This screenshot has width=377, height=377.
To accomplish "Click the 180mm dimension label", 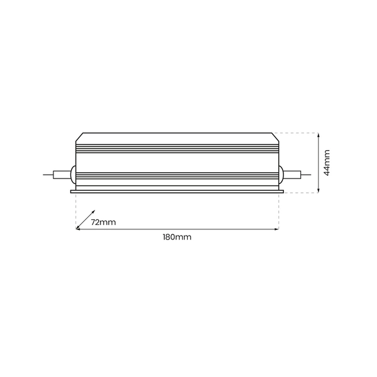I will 177,238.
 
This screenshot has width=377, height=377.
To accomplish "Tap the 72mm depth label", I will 103,222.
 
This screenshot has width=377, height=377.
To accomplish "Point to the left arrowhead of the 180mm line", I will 78,230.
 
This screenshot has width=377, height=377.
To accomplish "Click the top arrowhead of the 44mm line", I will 320,135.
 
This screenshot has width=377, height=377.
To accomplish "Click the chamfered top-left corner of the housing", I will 79,137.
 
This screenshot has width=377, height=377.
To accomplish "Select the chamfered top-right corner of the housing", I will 275,137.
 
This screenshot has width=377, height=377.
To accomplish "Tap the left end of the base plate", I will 72,191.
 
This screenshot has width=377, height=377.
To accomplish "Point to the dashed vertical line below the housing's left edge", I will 75,210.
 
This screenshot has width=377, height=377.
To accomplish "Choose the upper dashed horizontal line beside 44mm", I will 298,133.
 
